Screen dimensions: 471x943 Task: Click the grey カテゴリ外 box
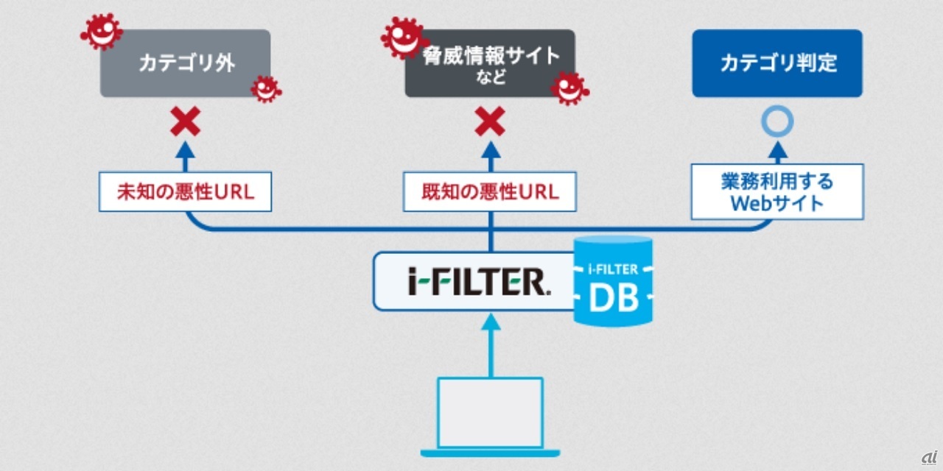tap(185, 63)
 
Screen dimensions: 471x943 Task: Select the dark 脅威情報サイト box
tap(490, 63)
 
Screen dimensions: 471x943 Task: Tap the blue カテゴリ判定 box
tap(777, 63)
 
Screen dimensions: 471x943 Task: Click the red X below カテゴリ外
tap(185, 122)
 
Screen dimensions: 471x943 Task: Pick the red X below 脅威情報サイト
tap(490, 122)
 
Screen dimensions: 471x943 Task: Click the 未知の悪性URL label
tap(185, 192)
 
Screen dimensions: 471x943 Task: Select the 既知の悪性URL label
tap(490, 192)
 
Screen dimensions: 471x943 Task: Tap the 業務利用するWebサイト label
tap(777, 191)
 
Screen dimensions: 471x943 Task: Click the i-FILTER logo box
tap(475, 280)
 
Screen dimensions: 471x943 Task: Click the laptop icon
tap(491, 416)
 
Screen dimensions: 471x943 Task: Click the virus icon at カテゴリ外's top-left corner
tap(101, 31)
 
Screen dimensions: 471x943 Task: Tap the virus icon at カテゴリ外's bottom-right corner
tap(265, 88)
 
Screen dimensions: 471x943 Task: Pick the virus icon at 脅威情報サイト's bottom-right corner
tap(569, 88)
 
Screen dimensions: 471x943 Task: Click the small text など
tap(490, 78)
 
